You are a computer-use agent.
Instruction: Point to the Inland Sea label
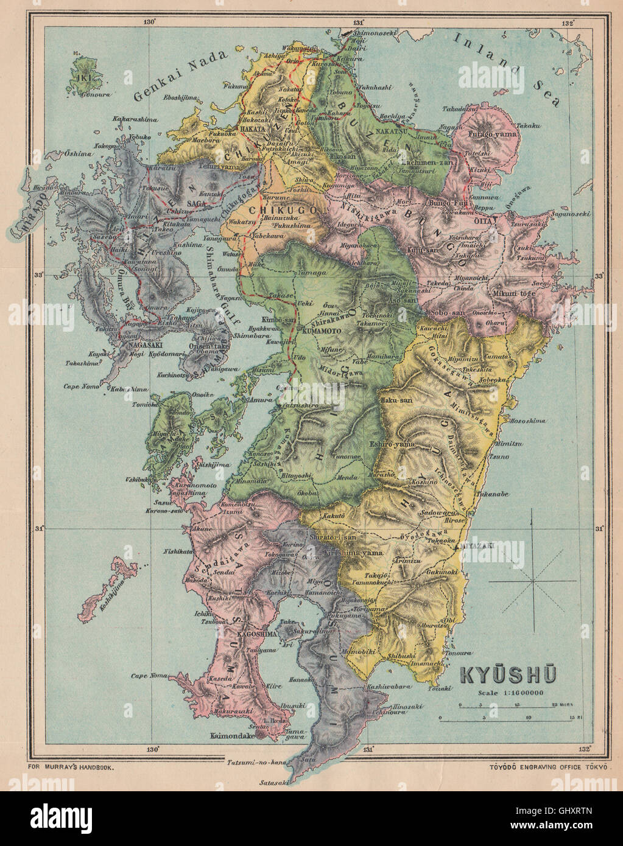click(507, 66)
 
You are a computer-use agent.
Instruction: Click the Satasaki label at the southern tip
click(273, 782)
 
